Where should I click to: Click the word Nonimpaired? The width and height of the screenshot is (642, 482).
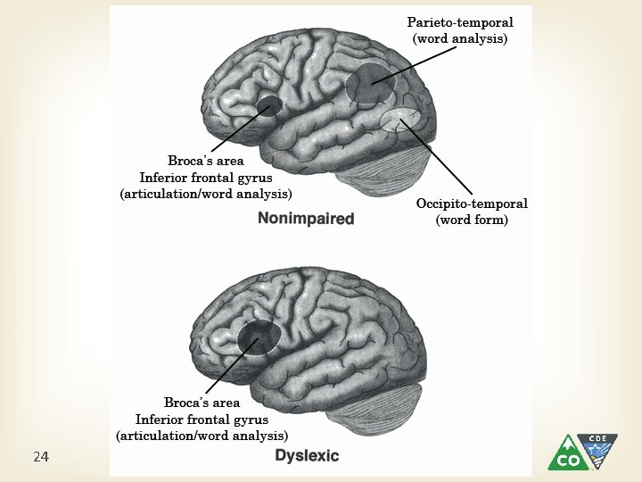click(306, 219)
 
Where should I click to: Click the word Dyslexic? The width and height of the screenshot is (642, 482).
click(307, 455)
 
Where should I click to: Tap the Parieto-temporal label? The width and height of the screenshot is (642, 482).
click(460, 22)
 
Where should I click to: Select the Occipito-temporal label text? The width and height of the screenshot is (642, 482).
click(472, 204)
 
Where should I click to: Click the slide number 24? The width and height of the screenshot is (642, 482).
click(41, 457)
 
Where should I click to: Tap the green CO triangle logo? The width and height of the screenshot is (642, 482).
click(567, 453)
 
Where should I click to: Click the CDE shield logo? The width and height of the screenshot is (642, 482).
click(597, 450)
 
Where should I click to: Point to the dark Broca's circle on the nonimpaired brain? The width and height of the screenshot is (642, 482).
click(269, 105)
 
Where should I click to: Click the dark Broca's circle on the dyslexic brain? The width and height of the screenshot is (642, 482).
click(259, 337)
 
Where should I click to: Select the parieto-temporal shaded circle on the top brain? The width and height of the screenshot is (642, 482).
click(371, 83)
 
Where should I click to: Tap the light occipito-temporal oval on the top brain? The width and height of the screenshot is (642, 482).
click(400, 120)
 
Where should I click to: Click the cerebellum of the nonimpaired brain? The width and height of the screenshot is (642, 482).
click(383, 173)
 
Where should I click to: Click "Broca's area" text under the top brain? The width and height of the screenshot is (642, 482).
click(206, 161)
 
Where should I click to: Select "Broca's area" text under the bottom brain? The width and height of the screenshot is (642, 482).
click(202, 403)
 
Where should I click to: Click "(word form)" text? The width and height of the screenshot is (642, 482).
click(472, 220)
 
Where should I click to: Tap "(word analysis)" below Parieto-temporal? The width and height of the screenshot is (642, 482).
click(460, 38)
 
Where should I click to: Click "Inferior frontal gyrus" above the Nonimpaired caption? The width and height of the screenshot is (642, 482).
click(206, 178)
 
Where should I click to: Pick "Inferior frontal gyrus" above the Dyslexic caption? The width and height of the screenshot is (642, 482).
click(202, 420)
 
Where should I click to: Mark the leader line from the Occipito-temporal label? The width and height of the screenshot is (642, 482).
click(436, 156)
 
